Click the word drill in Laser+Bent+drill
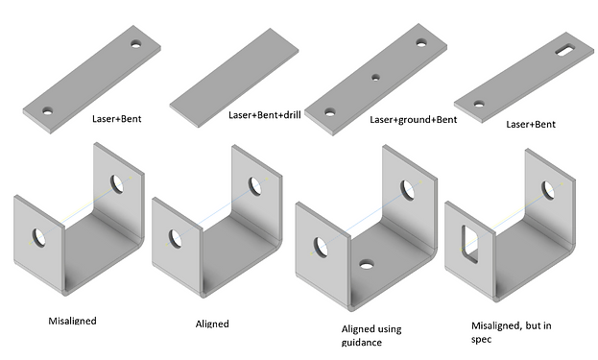coord(292,115)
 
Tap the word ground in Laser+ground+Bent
coord(414,120)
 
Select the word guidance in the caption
coord(362,343)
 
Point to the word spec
coord(481,340)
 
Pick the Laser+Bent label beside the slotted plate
coord(531,125)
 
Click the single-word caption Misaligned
coord(72,321)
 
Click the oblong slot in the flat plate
coord(566,50)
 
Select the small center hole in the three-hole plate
coord(375,78)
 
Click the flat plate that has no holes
coord(234,78)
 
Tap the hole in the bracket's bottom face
coord(367,264)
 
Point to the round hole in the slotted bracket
coord(548,190)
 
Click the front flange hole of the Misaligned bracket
coord(38,237)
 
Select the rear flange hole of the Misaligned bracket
coord(117,183)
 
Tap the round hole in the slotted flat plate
coord(479,104)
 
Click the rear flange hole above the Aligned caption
coord(254,186)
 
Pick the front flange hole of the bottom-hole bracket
coord(321,247)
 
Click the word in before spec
coord(547,325)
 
